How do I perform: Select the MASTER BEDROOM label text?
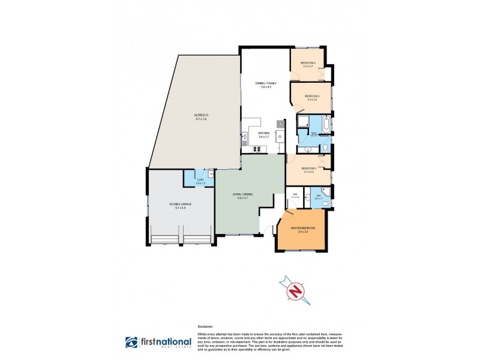[302, 228]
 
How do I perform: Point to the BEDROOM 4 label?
[308, 63]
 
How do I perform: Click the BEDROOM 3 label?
[311, 97]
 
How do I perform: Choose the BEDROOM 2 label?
[309, 169]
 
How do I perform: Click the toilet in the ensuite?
[324, 204]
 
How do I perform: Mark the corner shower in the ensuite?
[325, 192]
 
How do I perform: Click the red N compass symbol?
[294, 292]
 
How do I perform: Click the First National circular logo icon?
[131, 342]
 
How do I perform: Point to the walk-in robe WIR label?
[295, 196]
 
